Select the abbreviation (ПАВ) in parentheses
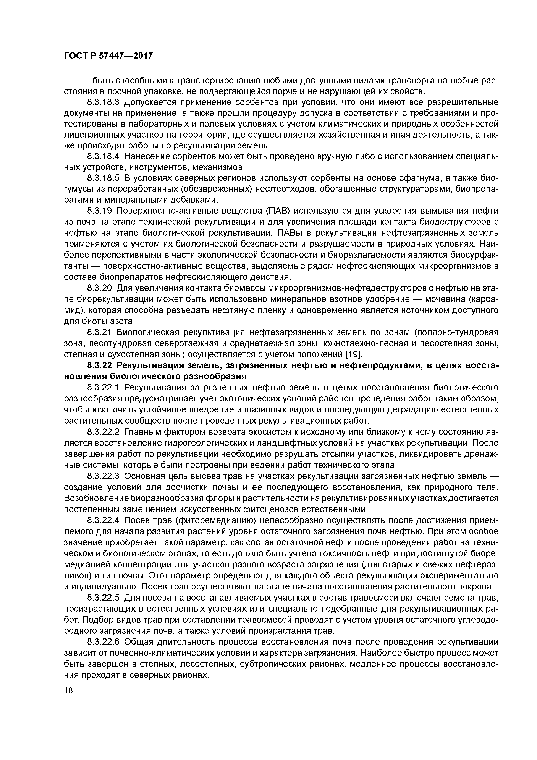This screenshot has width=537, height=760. coord(279,211)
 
